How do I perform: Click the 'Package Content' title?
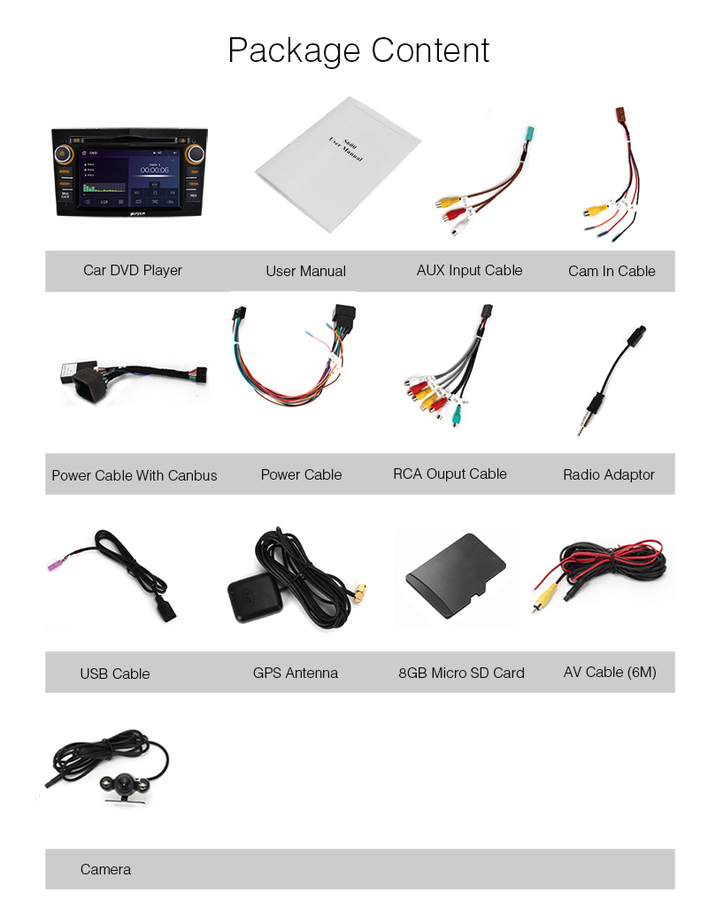pyautogui.click(x=358, y=50)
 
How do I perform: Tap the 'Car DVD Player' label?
pyautogui.click(x=133, y=270)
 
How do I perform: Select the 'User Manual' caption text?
pyautogui.click(x=305, y=271)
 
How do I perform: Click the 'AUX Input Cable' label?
pyautogui.click(x=469, y=270)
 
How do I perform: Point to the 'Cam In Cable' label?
pyautogui.click(x=612, y=271)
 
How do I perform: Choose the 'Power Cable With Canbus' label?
pyautogui.click(x=134, y=475)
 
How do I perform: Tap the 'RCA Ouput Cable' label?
pyautogui.click(x=450, y=474)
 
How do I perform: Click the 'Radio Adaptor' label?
pyautogui.click(x=609, y=474)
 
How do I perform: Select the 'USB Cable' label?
pyautogui.click(x=115, y=674)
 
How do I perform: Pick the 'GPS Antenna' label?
pyautogui.click(x=296, y=673)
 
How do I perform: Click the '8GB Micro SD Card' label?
pyautogui.click(x=461, y=673)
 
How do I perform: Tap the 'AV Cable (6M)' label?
pyautogui.click(x=610, y=672)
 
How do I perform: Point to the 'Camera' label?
pyautogui.click(x=105, y=869)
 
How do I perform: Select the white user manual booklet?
pyautogui.click(x=336, y=164)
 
